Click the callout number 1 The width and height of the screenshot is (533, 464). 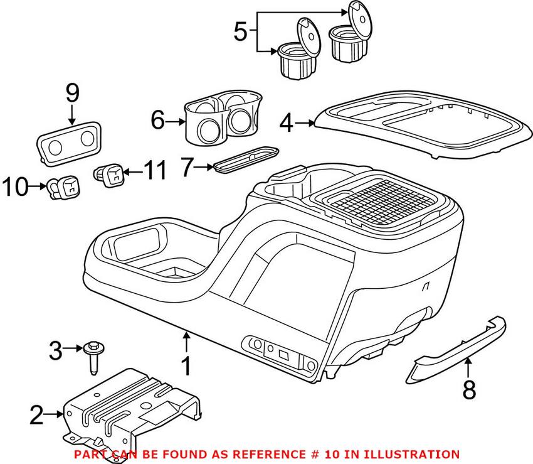[x=186, y=366]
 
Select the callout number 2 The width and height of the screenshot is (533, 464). [x=37, y=414]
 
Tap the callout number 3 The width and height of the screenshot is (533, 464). [x=55, y=350]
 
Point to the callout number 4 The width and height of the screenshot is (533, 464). [x=286, y=123]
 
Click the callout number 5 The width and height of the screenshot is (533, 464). [x=241, y=31]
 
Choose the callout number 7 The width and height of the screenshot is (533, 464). [x=187, y=168]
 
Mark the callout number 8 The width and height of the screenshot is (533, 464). [x=469, y=390]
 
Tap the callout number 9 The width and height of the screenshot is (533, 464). [x=72, y=94]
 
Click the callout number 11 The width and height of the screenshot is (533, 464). [x=156, y=170]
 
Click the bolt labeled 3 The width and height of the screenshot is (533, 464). [x=93, y=357]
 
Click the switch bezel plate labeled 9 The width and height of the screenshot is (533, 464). [x=69, y=143]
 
